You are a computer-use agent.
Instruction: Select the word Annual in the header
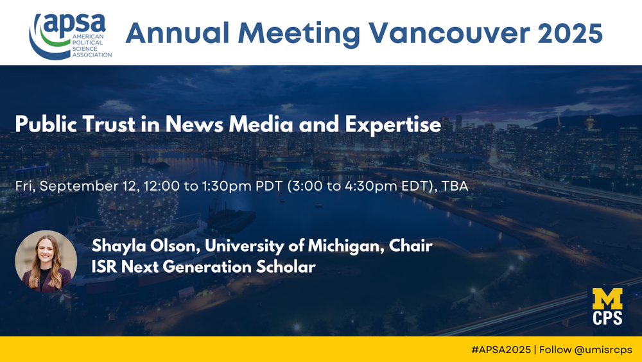tap(177, 33)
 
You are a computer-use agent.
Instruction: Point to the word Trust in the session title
tap(109, 124)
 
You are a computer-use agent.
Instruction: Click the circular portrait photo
tap(46, 261)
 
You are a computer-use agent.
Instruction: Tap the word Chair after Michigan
tap(411, 245)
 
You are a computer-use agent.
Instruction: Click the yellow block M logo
tap(607, 299)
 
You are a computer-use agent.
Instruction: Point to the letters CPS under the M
tap(607, 318)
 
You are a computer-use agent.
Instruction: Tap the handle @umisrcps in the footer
tap(603, 350)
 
